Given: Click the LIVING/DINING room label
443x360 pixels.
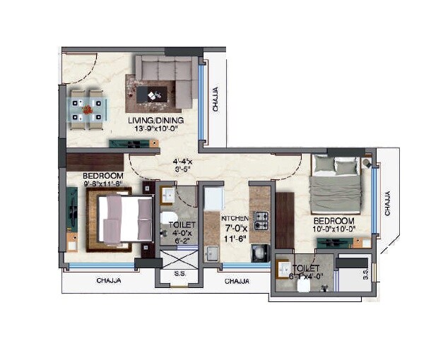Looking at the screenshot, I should pos(156,121).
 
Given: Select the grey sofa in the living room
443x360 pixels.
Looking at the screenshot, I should pos(167,78).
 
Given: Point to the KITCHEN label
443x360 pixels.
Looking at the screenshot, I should pos(235,219).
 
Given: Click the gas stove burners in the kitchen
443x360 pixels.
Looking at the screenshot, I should pos(261,221).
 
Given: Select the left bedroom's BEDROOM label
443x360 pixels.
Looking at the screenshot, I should pos(103,176).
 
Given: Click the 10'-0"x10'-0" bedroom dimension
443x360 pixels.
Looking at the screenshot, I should pos(334,229).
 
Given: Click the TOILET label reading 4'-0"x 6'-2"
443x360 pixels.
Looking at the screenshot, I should pos(177,233).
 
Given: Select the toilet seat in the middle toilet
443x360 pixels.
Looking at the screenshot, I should pos(167,217).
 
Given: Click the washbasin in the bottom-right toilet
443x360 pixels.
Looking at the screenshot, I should pos(285,270).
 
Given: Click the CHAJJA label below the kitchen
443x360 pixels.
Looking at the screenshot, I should pos(236,281).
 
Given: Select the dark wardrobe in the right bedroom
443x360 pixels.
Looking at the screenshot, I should pos(284,220).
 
